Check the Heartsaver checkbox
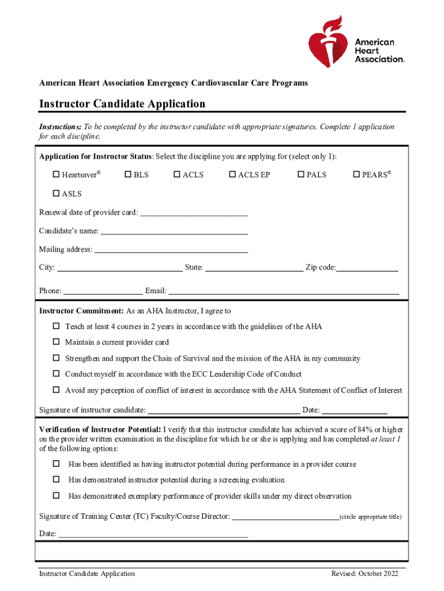pos(57,174)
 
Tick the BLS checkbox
pos(128,174)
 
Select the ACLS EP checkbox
pos(232,174)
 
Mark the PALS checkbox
pos(301,174)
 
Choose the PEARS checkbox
pos(356,174)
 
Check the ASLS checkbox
pos(57,194)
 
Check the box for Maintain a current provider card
pos(57,342)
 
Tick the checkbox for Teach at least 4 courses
pos(57,327)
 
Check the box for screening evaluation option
pos(57,480)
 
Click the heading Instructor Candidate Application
pos(122,104)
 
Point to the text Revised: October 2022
pos(364,573)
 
